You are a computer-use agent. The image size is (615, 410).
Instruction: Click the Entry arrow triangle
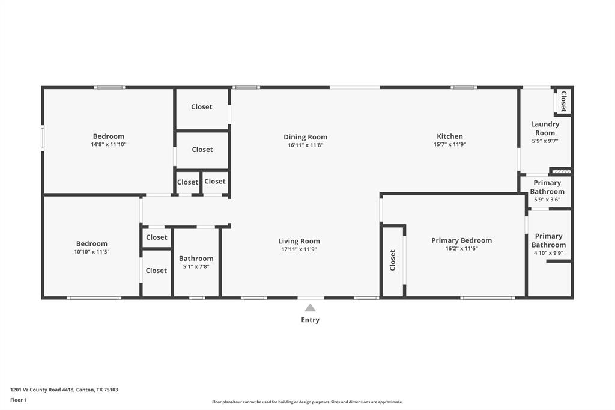click(x=310, y=308)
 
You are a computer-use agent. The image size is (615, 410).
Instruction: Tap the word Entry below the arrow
click(x=310, y=320)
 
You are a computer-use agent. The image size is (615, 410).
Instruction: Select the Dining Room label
click(x=305, y=137)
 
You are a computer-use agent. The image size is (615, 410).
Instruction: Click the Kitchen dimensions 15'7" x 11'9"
click(x=450, y=145)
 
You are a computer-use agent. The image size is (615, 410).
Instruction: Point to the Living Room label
click(x=298, y=242)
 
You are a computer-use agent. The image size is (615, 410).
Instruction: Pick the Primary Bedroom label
click(x=461, y=240)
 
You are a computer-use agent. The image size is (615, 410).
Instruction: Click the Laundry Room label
click(x=545, y=129)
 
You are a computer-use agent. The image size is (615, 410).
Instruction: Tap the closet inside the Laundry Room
click(x=563, y=102)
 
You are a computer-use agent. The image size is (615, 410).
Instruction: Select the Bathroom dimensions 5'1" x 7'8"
click(x=196, y=266)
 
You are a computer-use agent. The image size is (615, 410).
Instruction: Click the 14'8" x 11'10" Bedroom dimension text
click(x=109, y=144)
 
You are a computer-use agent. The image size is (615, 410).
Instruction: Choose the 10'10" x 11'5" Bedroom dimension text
click(x=92, y=252)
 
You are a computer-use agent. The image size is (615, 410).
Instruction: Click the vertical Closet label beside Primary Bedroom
click(x=393, y=260)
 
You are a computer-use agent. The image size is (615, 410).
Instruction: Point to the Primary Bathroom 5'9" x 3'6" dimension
click(x=547, y=200)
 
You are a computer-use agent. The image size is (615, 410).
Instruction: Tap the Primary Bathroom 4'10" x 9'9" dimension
click(x=548, y=253)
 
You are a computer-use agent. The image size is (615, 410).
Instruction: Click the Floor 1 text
click(x=19, y=400)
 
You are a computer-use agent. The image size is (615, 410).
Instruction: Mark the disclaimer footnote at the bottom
click(x=307, y=402)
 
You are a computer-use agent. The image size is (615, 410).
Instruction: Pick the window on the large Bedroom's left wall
click(x=43, y=138)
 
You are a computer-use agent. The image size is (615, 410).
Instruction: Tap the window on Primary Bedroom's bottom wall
click(x=487, y=298)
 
